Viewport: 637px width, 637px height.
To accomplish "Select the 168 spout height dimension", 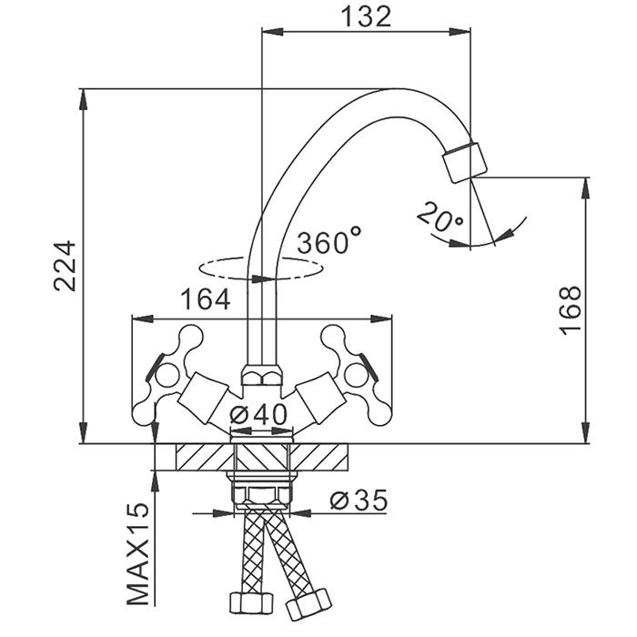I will coord(569,309).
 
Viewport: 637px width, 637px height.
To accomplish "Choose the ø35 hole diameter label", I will coord(358,500).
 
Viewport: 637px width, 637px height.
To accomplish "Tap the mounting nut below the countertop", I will coord(261,492).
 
